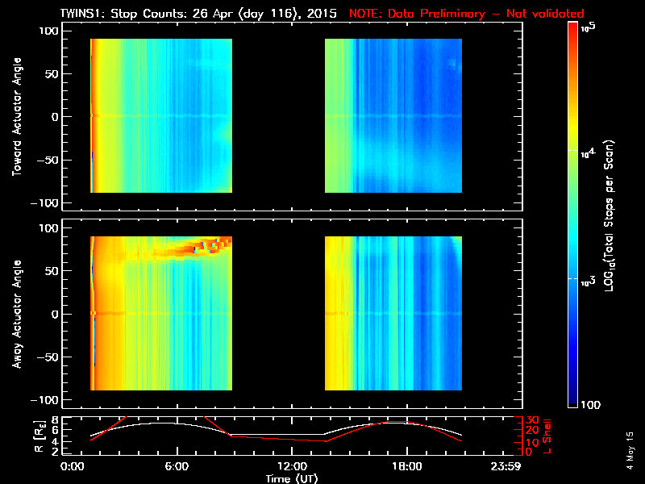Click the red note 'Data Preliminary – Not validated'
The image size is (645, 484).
[x=466, y=14]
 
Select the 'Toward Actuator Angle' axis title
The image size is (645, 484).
[x=15, y=118]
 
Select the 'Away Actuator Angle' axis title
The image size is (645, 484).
[x=15, y=315]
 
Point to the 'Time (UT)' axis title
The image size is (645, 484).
[x=293, y=478]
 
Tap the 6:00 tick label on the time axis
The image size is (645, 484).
[x=176, y=466]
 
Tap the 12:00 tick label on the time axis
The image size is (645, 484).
[x=290, y=466]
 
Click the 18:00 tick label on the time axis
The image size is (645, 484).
[x=405, y=466]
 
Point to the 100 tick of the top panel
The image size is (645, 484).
[x=50, y=30]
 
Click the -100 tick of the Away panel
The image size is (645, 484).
[x=47, y=400]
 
